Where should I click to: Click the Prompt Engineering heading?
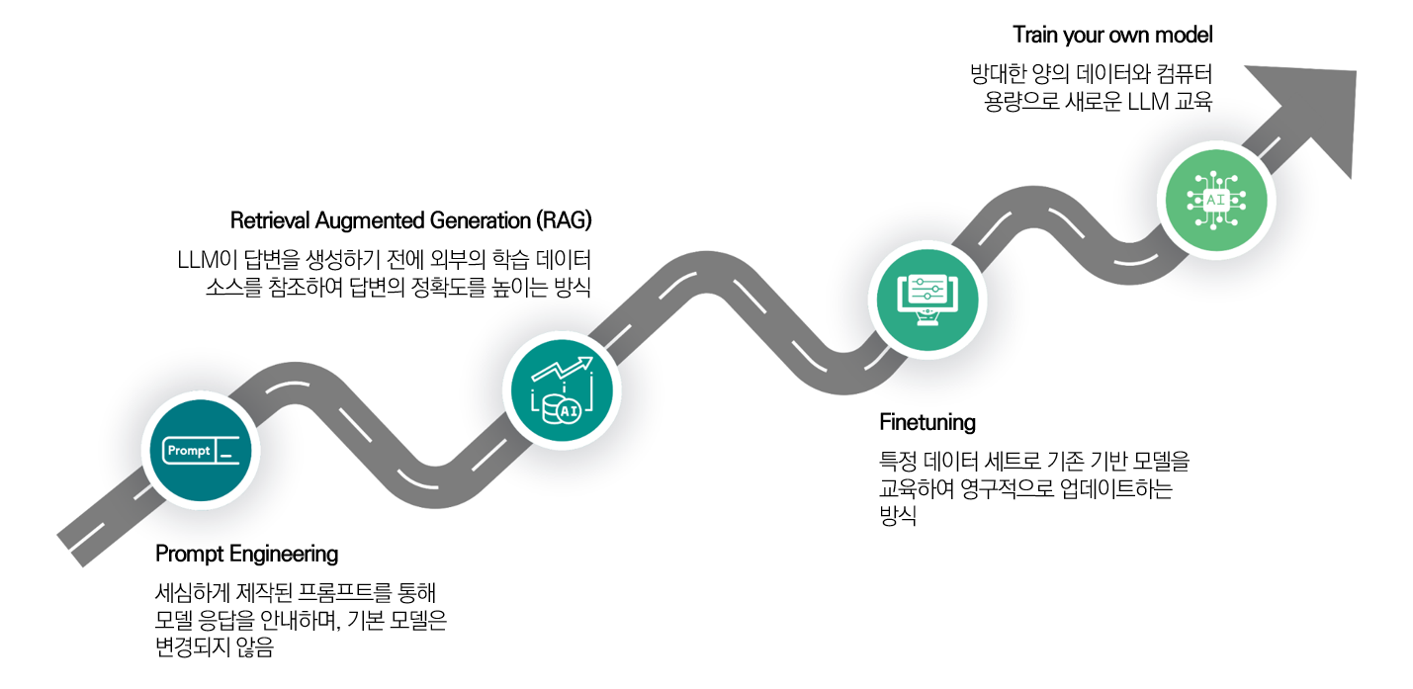click(246, 554)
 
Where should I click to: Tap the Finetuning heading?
click(927, 423)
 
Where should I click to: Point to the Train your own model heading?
click(1112, 35)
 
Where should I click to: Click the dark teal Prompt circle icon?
click(201, 451)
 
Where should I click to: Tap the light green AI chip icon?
click(1214, 200)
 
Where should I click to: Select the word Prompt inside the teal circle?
click(188, 451)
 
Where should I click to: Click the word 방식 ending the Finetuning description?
click(897, 516)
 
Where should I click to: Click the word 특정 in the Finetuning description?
click(897, 461)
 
